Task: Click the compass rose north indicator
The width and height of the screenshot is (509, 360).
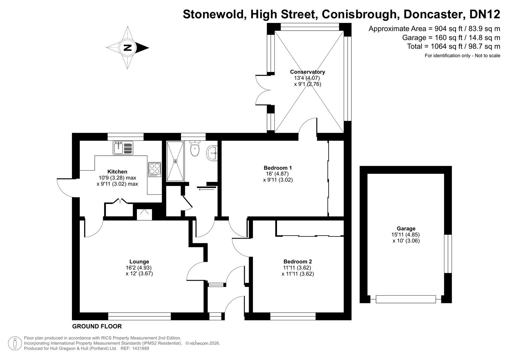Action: [128, 48]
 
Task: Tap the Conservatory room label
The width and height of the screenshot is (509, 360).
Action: [307, 72]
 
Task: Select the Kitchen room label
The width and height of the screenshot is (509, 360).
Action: [117, 172]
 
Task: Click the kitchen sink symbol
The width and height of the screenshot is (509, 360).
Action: [123, 148]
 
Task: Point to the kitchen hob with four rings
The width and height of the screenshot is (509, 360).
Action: [155, 169]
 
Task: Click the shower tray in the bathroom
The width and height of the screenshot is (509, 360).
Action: [175, 161]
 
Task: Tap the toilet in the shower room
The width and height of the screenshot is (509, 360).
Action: [195, 148]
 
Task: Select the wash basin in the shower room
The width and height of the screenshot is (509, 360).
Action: [212, 153]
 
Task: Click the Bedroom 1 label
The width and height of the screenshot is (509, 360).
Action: [277, 168]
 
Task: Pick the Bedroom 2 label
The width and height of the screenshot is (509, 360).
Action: [297, 262]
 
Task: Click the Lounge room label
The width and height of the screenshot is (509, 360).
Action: [139, 262]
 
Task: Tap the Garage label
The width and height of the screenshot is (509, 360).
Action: [406, 229]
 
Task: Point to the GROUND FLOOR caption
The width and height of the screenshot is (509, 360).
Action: [97, 326]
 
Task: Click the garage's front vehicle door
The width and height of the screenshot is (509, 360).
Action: [406, 299]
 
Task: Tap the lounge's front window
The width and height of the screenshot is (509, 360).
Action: [139, 316]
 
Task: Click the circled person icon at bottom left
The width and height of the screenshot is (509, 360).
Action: [15, 343]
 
